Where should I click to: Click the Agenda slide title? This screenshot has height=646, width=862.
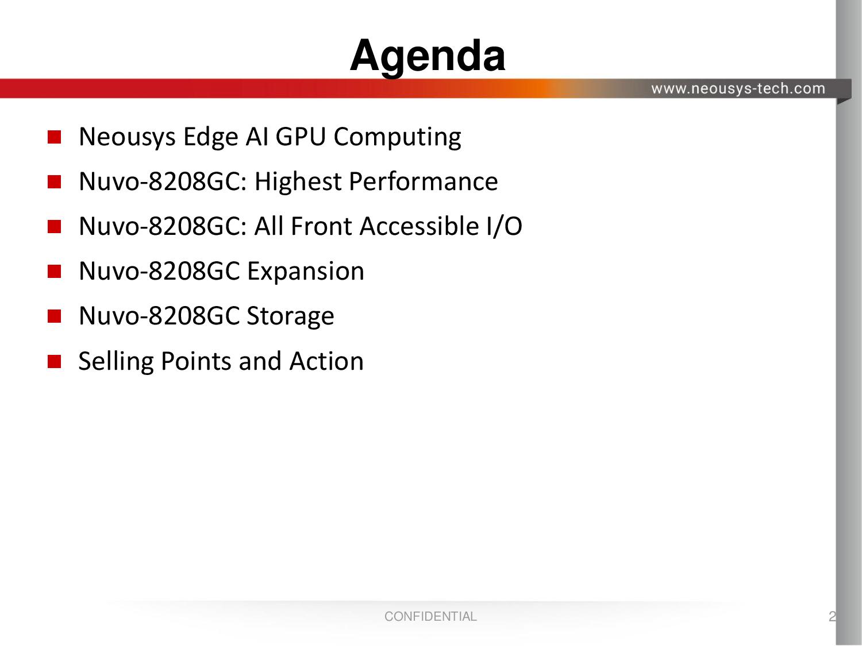click(428, 57)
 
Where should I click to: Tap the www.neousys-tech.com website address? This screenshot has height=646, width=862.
click(738, 89)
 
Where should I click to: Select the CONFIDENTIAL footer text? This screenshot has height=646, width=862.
click(431, 617)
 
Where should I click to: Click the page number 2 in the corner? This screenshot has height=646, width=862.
click(832, 617)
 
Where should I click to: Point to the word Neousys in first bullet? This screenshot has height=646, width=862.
click(127, 138)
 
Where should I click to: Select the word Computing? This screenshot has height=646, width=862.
click(398, 138)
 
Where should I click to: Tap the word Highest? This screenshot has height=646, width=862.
click(298, 182)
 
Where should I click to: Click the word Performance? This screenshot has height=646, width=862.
click(424, 181)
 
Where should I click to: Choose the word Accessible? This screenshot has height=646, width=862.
click(420, 226)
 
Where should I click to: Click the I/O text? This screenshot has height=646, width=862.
click(505, 226)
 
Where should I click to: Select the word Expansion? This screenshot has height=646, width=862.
click(306, 272)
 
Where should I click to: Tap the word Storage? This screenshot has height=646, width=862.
click(290, 316)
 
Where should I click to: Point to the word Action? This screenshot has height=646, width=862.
click(326, 361)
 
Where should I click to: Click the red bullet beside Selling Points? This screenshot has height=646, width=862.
click(54, 361)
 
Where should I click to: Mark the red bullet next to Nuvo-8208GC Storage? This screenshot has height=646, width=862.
click(54, 316)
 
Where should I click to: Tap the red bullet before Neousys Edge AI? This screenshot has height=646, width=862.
click(54, 137)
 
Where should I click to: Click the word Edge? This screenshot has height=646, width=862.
click(210, 138)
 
